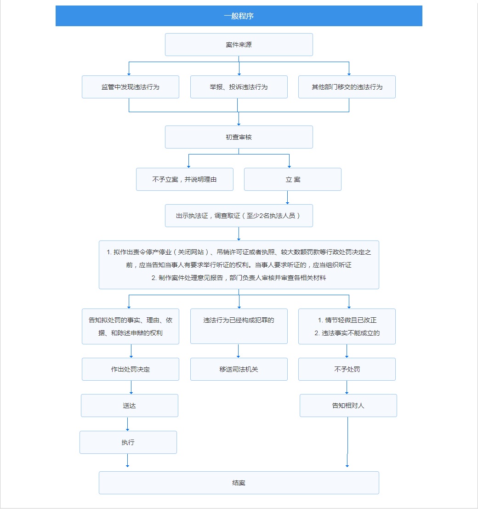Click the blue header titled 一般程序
pos(239,16)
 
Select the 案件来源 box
pos(239,45)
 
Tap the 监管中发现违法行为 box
pos(131,87)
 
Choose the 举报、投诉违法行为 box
pos(239,87)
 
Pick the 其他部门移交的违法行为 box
pos(347,87)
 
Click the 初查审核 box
pos(239,137)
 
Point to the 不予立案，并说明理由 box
pos(184,179)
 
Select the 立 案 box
pos(292,179)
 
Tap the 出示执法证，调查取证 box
pos(239,216)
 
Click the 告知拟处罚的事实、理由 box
pos(131,326)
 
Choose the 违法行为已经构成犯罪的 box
pos(239,326)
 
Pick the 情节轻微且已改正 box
pos(347,326)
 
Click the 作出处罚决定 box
pos(131,369)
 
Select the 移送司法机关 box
pos(239,369)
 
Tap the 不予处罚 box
pos(347,369)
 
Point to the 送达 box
pos(129,406)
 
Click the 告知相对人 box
pos(348,406)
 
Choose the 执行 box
pos(128,442)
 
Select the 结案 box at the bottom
pos(239,483)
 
